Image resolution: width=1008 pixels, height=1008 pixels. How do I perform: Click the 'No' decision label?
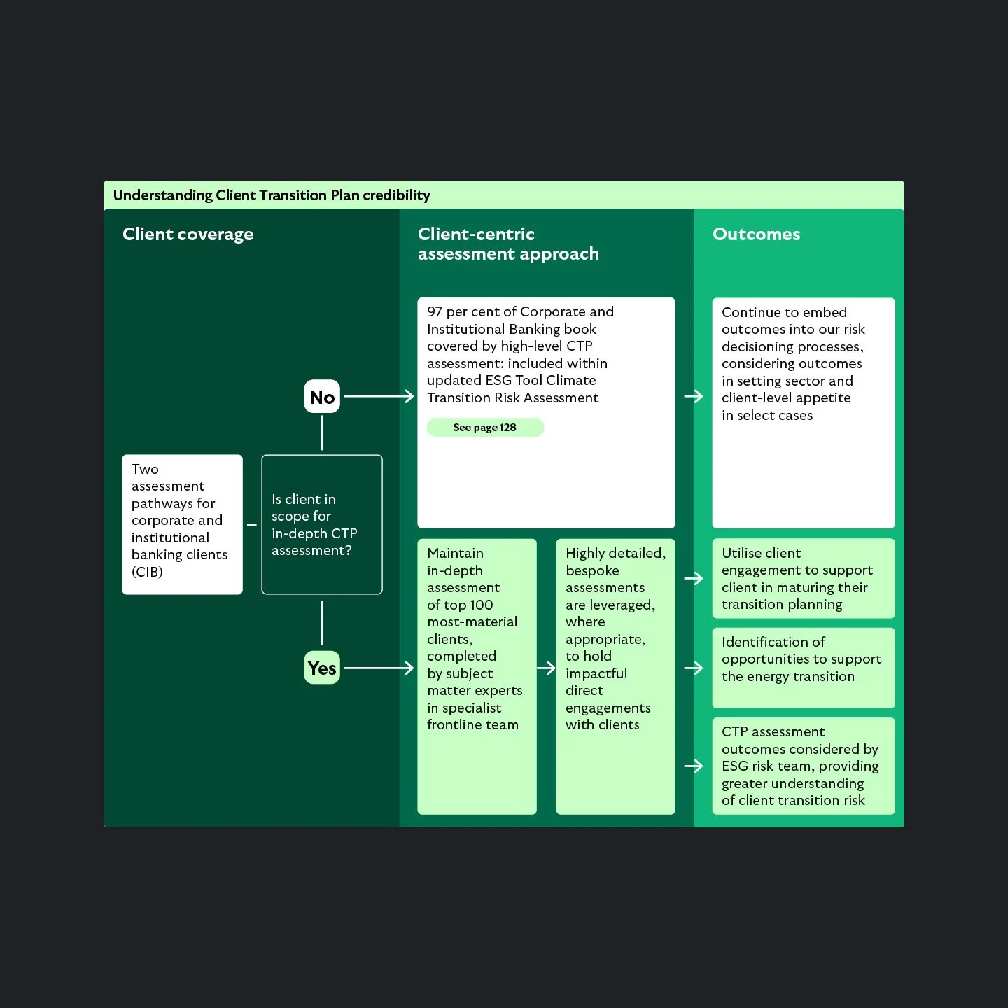coord(322,397)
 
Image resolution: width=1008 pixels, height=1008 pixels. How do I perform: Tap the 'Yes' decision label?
coord(322,668)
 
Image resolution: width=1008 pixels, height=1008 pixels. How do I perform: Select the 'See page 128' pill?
coord(485,428)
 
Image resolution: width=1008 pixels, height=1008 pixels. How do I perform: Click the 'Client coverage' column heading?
coord(188,234)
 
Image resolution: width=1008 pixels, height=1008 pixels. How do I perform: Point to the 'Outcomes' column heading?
coord(756,234)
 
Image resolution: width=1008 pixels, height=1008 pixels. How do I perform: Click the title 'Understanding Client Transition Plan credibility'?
coord(272,195)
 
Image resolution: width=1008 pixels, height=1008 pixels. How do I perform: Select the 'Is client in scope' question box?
coord(322,525)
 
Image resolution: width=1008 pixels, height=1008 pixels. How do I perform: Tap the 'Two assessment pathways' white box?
coord(182,525)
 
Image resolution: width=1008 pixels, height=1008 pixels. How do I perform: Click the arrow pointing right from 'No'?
coord(379,397)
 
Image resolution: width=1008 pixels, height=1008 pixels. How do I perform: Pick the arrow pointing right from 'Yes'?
coord(379,668)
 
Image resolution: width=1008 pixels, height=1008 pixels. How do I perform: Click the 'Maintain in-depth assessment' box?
coord(477,676)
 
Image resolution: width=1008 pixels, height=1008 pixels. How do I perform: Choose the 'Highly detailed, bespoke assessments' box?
coord(615,676)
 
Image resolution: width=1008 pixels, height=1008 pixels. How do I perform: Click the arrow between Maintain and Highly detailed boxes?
coord(547,668)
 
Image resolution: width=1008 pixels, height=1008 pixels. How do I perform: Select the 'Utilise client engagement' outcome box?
coord(803,579)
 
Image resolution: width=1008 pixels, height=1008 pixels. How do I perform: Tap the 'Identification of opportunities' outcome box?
coord(803,668)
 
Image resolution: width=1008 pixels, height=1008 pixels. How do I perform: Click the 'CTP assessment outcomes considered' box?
coord(803,766)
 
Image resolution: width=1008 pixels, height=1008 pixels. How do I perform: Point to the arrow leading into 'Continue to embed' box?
coord(694,397)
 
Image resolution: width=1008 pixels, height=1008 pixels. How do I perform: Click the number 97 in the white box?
coord(435,312)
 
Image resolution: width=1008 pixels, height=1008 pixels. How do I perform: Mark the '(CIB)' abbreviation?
coord(147,572)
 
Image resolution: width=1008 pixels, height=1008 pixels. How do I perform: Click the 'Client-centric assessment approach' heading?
coord(508,244)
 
